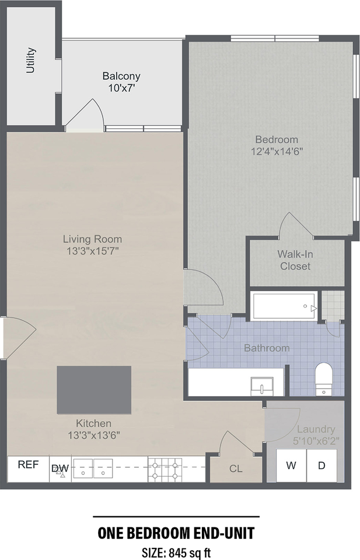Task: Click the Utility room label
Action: click(x=31, y=60)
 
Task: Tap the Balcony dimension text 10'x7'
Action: click(x=121, y=88)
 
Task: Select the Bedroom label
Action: click(x=277, y=139)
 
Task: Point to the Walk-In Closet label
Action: click(x=295, y=260)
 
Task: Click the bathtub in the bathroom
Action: click(x=284, y=306)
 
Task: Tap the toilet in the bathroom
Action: click(x=323, y=379)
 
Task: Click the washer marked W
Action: click(x=291, y=466)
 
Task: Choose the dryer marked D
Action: click(x=321, y=466)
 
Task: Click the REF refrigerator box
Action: click(x=28, y=466)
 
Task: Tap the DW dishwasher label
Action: click(x=60, y=468)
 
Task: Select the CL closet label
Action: click(x=236, y=468)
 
